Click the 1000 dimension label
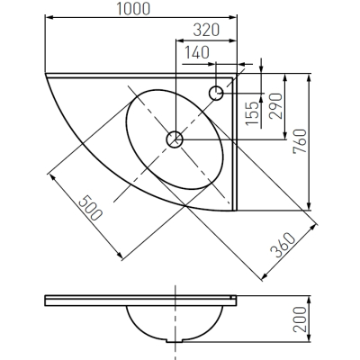pos(133,9)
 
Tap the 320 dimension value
pos(206,30)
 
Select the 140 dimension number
pos(196,52)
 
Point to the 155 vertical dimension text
pos(251,113)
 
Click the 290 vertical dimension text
pos(275,106)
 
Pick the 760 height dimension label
pos(301,141)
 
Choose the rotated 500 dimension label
pos(90,208)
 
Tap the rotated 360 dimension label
pos(283,245)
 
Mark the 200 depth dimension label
pos(301,319)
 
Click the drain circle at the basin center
pos(175,139)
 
